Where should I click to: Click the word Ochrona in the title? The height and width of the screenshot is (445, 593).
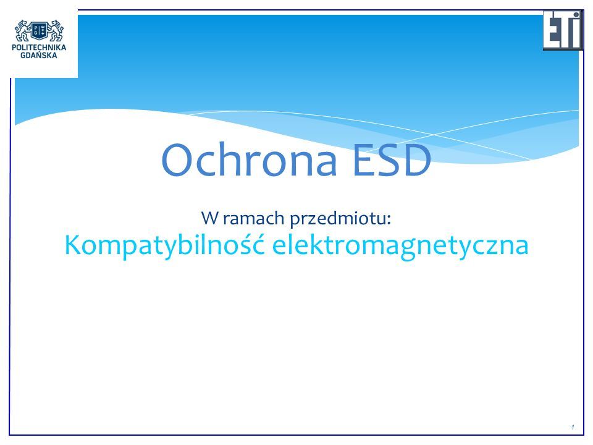tap(249, 159)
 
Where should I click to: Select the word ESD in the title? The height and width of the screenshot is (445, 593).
tap(392, 159)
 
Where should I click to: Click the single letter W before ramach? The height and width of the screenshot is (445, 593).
tap(209, 218)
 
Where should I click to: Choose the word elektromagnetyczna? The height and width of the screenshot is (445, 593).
tap(400, 246)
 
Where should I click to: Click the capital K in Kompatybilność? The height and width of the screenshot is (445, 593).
tap(72, 245)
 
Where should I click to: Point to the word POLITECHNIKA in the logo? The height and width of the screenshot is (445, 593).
tap(39, 48)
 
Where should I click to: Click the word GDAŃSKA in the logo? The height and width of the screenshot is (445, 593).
tap(39, 55)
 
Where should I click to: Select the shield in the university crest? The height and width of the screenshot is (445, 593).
tap(39, 31)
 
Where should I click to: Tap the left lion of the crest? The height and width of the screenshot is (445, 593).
tap(23, 31)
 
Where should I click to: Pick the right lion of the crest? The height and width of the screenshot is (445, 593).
tap(55, 31)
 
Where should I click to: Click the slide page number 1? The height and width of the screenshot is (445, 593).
tap(573, 427)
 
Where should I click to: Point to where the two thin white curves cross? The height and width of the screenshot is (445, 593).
tap(434, 134)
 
